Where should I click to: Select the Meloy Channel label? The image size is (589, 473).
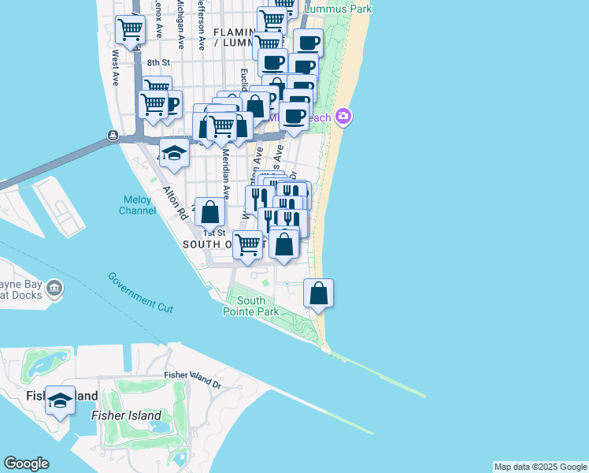137,205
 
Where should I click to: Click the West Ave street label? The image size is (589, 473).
116,69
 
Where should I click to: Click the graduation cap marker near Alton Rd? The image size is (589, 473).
174,153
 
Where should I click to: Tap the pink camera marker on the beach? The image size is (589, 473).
343,117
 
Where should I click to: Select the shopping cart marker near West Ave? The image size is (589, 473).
130,30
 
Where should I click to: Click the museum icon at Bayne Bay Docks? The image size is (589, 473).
54,289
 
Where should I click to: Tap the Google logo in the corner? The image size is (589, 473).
26,464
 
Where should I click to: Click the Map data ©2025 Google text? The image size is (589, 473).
540,467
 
